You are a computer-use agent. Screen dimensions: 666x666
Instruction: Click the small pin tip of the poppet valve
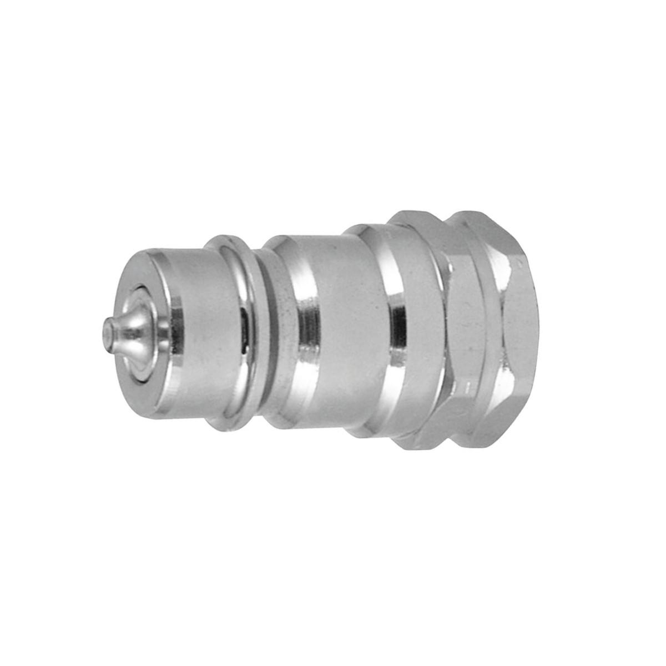107,334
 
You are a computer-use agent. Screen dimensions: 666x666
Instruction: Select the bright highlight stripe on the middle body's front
306,333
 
